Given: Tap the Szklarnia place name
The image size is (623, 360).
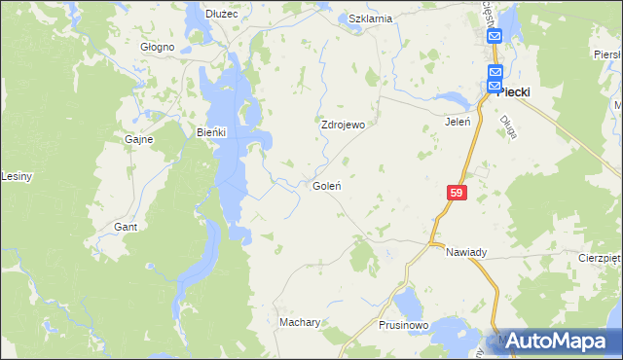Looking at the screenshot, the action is coord(370,18).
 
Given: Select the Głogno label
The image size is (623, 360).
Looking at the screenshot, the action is coord(157,47).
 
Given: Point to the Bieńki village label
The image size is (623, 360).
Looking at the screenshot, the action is coord(211,132).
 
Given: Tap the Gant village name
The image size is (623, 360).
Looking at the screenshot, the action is coord(125,226).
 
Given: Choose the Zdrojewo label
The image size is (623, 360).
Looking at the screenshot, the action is coord(343,126).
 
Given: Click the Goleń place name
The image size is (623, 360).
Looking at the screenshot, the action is coord(325,185).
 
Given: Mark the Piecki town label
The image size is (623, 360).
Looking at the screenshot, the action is coord(513,92).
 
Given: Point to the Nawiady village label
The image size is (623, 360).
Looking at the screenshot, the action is coord(466,252).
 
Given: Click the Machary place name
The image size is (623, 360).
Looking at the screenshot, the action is coord(300,321).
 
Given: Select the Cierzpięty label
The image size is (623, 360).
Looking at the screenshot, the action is coord(600,259).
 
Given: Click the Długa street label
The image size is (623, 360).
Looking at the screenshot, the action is coord(507,127).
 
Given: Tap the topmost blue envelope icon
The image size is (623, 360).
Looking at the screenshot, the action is coord(495,37).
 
